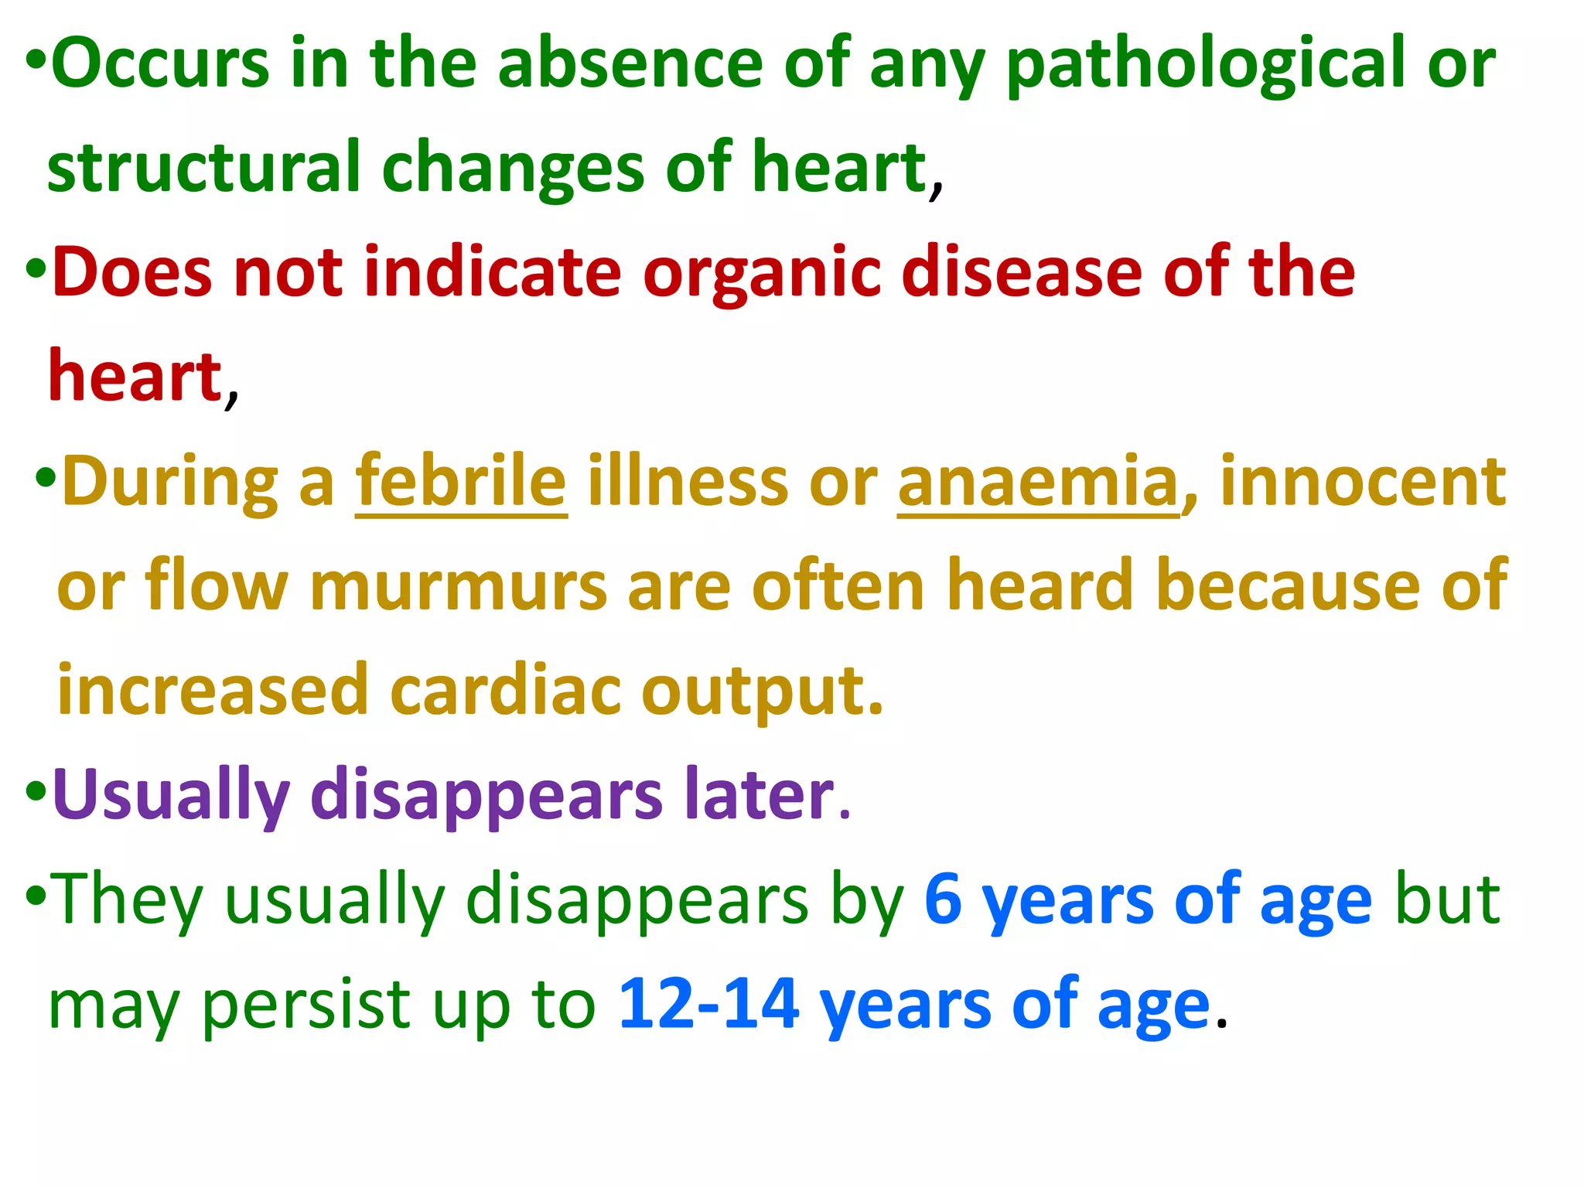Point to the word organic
tap(762, 275)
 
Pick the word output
tap(762, 691)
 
